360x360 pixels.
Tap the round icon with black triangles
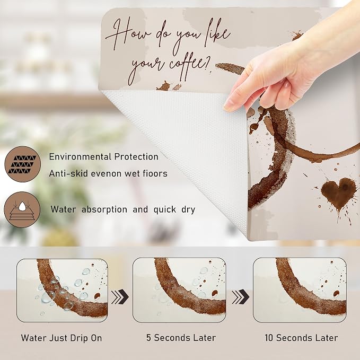(22, 164)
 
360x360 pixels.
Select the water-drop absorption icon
(22, 209)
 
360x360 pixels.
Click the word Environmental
(80, 157)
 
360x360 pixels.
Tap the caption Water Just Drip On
(62, 338)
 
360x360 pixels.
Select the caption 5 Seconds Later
(181, 338)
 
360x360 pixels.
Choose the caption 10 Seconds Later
(301, 338)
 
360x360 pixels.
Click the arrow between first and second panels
(120, 297)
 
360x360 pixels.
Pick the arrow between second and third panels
(240, 296)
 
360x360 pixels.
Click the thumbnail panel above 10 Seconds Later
(300, 290)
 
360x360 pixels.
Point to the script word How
(128, 34)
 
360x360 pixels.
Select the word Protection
(136, 157)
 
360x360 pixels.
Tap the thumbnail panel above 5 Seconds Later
(179, 290)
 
